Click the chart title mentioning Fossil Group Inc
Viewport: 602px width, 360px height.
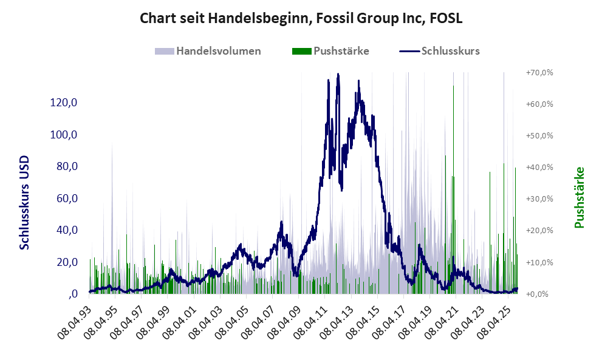[301, 18]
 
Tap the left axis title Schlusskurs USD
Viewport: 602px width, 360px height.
[25, 202]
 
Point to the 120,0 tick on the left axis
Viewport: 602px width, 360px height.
[64, 103]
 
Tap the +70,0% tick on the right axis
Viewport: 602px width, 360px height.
[539, 72]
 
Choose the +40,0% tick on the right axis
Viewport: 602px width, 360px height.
[539, 167]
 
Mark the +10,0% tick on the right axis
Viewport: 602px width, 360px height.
[539, 262]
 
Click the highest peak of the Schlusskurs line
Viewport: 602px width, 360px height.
[338, 75]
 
